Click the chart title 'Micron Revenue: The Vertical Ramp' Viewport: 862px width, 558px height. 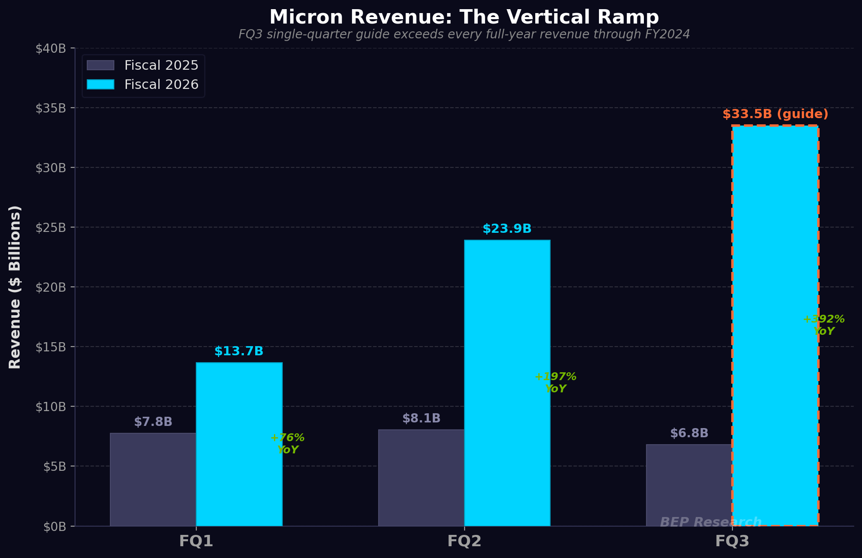pos(464,17)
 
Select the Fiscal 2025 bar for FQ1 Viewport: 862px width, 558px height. pos(153,480)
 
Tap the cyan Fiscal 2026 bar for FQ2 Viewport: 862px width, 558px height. pos(507,383)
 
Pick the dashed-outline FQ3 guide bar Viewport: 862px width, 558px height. pos(775,325)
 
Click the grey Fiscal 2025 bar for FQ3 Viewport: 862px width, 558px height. pos(689,485)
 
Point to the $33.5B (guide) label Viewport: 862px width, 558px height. pos(775,114)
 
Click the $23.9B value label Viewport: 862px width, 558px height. pos(507,229)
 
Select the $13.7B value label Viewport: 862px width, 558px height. pos(239,351)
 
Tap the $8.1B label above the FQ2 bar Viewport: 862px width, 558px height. pos(421,418)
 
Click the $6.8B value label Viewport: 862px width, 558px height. pos(689,433)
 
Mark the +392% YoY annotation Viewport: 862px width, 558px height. pos(824,325)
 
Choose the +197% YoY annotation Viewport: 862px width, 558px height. pos(555,383)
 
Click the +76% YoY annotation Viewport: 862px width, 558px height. pos(287,444)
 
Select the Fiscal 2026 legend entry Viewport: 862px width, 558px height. pos(143,85)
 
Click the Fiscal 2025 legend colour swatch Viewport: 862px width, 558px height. pos(100,65)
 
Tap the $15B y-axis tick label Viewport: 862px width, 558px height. pos(51,347)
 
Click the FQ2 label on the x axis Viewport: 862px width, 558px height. pos(464,541)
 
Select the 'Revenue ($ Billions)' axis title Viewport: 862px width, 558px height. pos(15,287)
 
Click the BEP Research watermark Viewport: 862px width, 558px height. pos(711,522)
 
